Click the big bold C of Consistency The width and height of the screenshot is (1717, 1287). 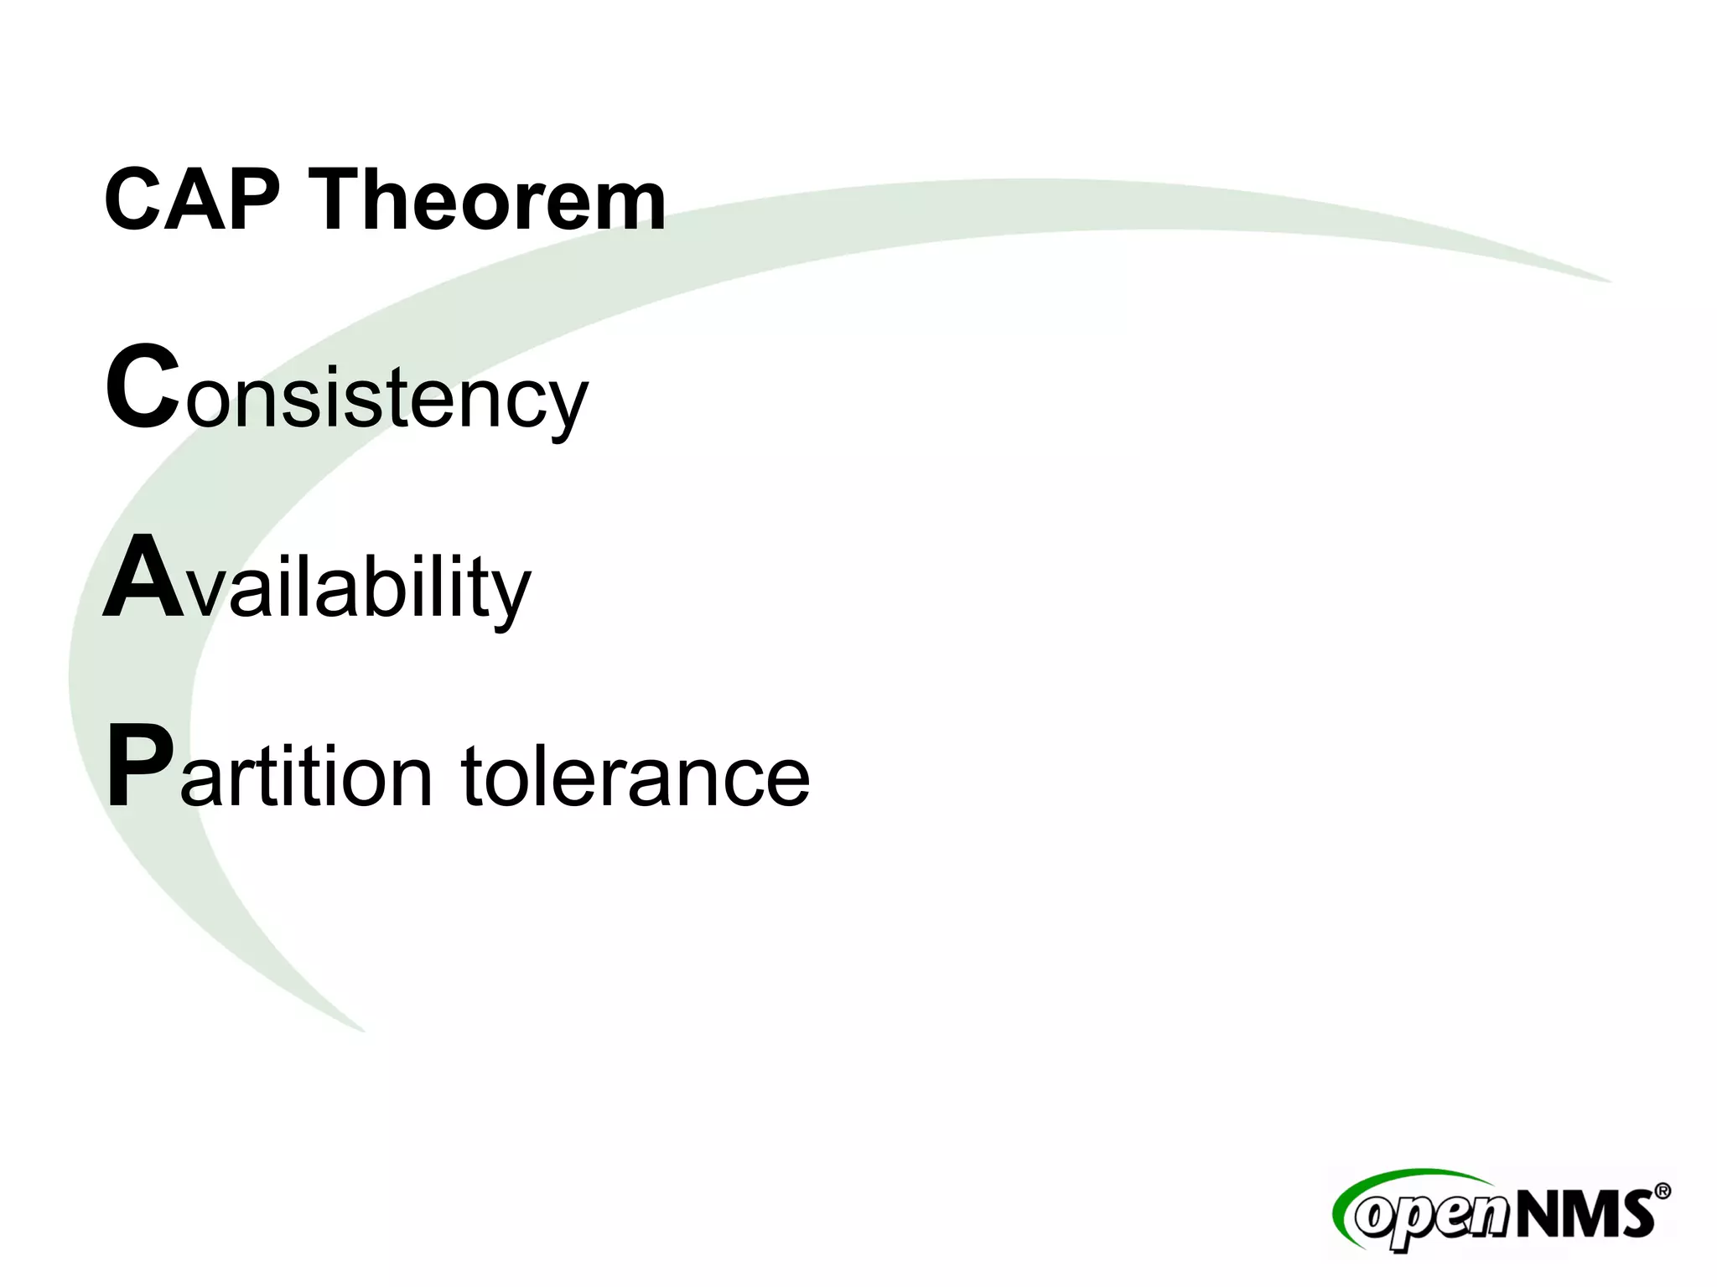click(143, 387)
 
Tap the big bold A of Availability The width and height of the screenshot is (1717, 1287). click(143, 578)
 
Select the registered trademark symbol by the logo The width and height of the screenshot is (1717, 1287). click(1661, 1191)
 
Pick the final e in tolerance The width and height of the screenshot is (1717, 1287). click(786, 779)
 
